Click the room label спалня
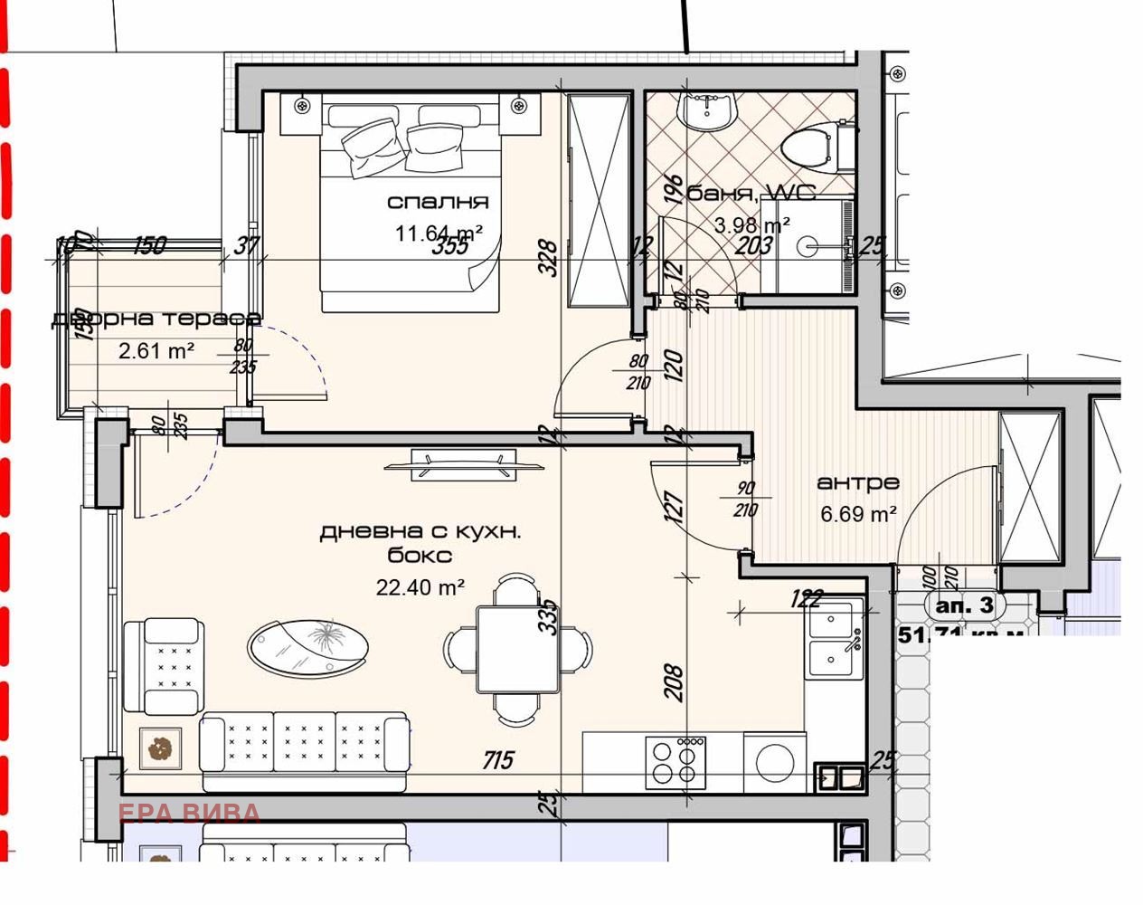438,202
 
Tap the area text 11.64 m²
438,233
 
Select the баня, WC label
751,193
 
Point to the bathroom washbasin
708,112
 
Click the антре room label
857,483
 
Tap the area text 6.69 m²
857,514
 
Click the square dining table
518,649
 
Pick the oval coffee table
307,646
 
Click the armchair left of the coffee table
163,666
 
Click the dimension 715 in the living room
497,760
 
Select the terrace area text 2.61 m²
156,350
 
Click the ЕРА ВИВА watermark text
189,813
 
